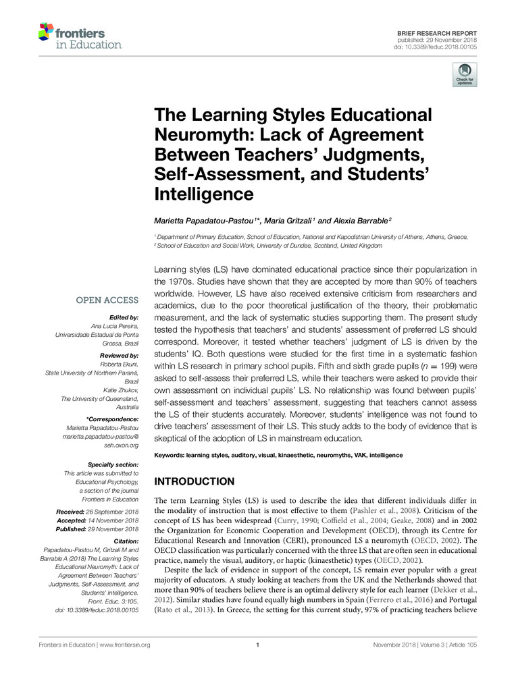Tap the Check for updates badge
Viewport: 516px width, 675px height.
[x=465, y=75]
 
